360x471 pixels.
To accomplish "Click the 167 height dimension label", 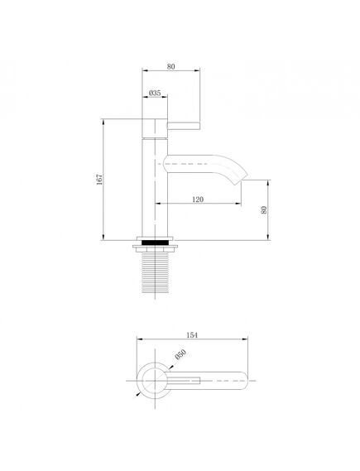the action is pyautogui.click(x=99, y=179).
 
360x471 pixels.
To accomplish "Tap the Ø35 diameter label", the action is pyautogui.click(x=155, y=93).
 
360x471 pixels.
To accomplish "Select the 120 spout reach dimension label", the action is pyautogui.click(x=198, y=199).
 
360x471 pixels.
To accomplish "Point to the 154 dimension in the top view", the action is pyautogui.click(x=192, y=335).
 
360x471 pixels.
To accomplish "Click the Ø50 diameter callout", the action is pyautogui.click(x=180, y=354).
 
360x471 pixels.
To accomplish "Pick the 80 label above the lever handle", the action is pyautogui.click(x=170, y=67).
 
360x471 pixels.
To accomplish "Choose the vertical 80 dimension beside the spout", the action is pyautogui.click(x=264, y=209).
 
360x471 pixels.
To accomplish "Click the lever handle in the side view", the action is pyautogui.click(x=184, y=126).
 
